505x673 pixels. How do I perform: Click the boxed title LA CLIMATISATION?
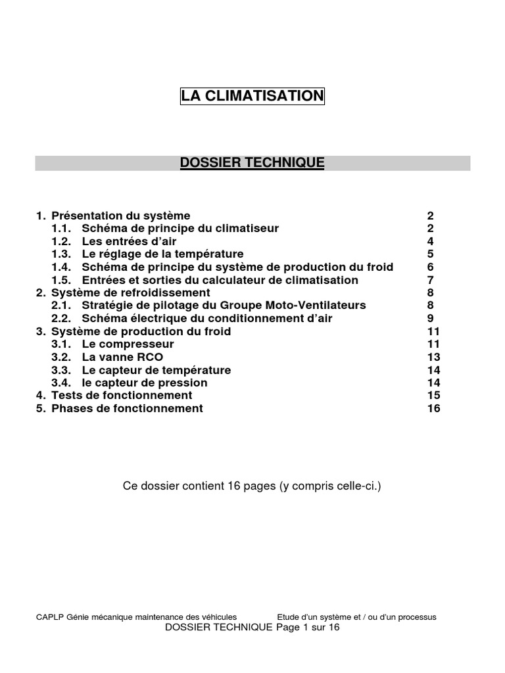pos(252,97)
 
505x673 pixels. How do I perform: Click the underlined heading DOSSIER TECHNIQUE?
pos(252,162)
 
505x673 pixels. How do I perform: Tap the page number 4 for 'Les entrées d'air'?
pos(431,241)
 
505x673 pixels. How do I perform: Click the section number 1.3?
pos(60,254)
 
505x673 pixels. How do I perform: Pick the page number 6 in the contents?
pos(431,267)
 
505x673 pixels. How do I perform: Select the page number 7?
pos(431,280)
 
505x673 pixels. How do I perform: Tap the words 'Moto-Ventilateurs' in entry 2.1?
pos(316,306)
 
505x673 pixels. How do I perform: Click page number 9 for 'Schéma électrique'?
pos(431,319)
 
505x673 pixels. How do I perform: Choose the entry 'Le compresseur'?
pos(128,344)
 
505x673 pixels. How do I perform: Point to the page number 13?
pos(433,358)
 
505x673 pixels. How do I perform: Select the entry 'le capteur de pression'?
pos(145,383)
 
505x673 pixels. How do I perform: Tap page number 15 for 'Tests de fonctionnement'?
pos(433,396)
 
